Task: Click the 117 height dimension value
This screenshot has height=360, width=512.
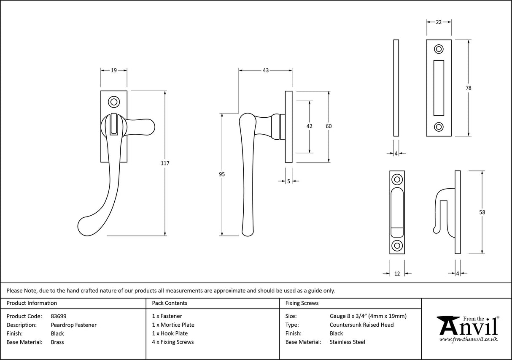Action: click(164, 162)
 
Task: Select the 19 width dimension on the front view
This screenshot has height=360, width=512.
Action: click(113, 70)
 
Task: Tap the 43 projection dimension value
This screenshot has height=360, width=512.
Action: click(266, 70)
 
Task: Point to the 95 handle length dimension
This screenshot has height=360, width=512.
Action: click(222, 174)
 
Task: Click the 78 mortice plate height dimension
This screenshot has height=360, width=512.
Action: click(469, 88)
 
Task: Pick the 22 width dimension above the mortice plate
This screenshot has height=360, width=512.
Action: click(439, 22)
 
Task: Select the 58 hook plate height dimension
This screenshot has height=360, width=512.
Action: click(482, 212)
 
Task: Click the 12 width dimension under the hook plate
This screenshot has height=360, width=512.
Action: click(396, 273)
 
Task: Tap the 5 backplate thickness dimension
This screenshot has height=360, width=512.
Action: click(289, 181)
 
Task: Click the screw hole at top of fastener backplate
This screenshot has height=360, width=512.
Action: click(113, 102)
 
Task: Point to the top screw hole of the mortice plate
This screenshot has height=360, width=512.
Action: click(439, 49)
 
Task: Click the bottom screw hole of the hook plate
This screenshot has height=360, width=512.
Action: click(397, 246)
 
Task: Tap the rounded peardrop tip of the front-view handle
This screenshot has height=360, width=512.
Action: click(86, 227)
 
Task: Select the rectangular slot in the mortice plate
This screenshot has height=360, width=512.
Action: click(439, 88)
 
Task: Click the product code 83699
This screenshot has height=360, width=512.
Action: click(58, 316)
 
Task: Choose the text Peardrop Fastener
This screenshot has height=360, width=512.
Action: click(73, 325)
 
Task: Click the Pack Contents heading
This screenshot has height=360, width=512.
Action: click(170, 303)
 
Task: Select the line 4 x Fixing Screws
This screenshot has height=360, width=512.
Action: click(173, 342)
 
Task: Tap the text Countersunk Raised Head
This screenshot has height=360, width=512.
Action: click(361, 325)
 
